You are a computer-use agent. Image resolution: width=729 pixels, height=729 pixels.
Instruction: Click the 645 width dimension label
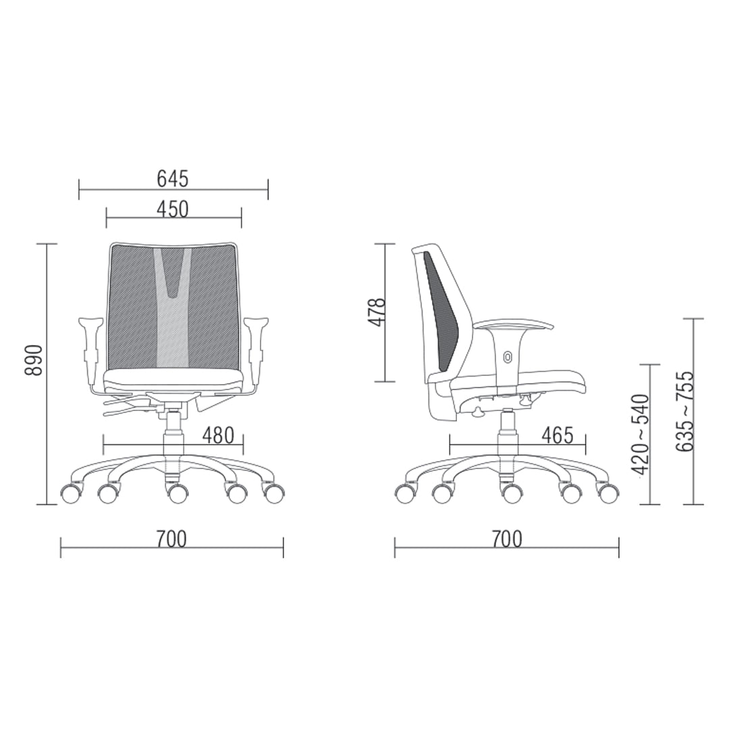[173, 178]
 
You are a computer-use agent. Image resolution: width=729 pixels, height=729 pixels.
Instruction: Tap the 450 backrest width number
[173, 209]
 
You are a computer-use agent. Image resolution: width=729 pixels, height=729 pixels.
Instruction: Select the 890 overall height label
[34, 360]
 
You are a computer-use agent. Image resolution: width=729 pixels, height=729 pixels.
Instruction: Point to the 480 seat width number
[218, 435]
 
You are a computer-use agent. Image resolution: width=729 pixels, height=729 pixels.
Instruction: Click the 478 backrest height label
[377, 312]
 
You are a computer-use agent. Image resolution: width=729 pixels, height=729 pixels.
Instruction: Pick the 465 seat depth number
[558, 435]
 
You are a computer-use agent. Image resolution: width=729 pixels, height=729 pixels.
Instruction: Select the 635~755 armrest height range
[685, 410]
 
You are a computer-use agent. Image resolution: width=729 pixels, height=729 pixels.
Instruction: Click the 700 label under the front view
[171, 539]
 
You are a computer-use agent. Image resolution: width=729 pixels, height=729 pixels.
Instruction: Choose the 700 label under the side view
[507, 539]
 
